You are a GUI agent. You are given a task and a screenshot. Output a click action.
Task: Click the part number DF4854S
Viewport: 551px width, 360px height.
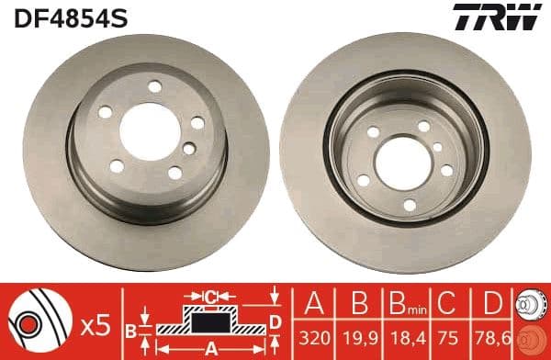point(56,17)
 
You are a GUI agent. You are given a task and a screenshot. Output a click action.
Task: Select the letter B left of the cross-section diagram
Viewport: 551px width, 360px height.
point(130,328)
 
